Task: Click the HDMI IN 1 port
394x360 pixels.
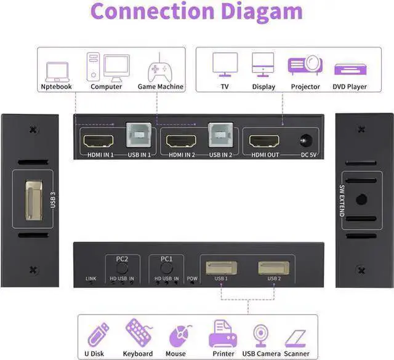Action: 98,141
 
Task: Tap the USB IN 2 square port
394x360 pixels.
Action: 220,135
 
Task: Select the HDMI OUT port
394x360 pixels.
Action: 264,141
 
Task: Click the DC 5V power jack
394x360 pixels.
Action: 307,141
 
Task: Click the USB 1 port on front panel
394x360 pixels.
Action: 221,268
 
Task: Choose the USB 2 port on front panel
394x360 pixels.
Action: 273,268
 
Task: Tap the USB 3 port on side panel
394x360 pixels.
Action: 34,200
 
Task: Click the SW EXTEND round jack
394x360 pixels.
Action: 361,199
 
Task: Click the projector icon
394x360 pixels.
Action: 305,65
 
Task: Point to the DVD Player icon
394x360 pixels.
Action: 350,70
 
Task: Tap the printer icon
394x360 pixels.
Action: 223,334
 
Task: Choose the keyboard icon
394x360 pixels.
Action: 139,333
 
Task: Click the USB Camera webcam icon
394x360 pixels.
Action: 260,335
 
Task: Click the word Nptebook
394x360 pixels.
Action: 56,87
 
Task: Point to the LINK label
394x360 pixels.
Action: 90,278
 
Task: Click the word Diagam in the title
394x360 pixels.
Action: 262,12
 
